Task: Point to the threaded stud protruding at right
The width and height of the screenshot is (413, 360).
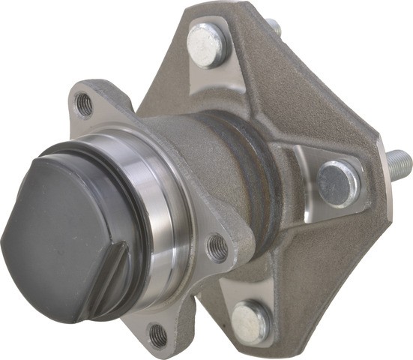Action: (x=397, y=160)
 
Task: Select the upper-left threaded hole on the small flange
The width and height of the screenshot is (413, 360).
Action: (x=85, y=103)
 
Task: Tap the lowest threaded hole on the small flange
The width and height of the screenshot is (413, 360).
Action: (x=159, y=335)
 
